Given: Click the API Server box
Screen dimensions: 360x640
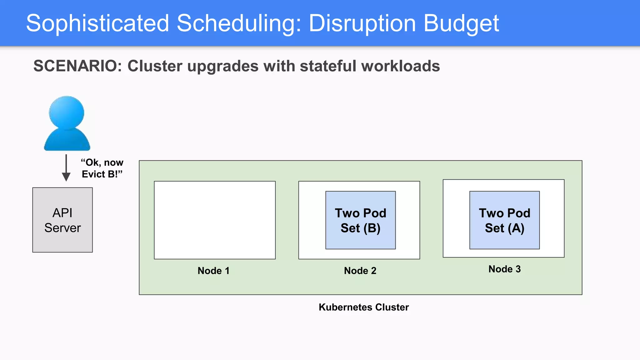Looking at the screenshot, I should coord(62,220).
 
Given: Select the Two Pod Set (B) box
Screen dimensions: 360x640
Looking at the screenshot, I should coord(360,220).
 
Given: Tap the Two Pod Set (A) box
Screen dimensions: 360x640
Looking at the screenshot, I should coord(504,220).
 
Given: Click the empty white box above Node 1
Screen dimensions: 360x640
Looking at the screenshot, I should coord(215,220).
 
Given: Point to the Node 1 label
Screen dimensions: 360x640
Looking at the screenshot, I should coord(213,271).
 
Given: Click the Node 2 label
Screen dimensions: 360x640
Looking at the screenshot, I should coord(360,271).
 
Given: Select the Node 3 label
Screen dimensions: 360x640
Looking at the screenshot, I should coord(504,269).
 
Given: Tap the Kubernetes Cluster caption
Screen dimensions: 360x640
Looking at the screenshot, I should coord(363,307).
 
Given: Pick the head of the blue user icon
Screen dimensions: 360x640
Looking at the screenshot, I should coord(67,112).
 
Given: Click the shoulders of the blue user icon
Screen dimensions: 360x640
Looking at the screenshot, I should coord(67,141).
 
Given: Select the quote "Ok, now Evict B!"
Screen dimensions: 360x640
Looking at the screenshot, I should coord(102,168).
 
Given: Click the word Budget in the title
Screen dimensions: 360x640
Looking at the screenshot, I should coord(461,23).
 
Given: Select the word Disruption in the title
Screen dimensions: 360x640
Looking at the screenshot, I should coord(362,23).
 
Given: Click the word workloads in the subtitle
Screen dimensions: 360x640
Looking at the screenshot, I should coord(400,66).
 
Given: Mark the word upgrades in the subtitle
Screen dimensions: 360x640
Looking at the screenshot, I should coord(223,66).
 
